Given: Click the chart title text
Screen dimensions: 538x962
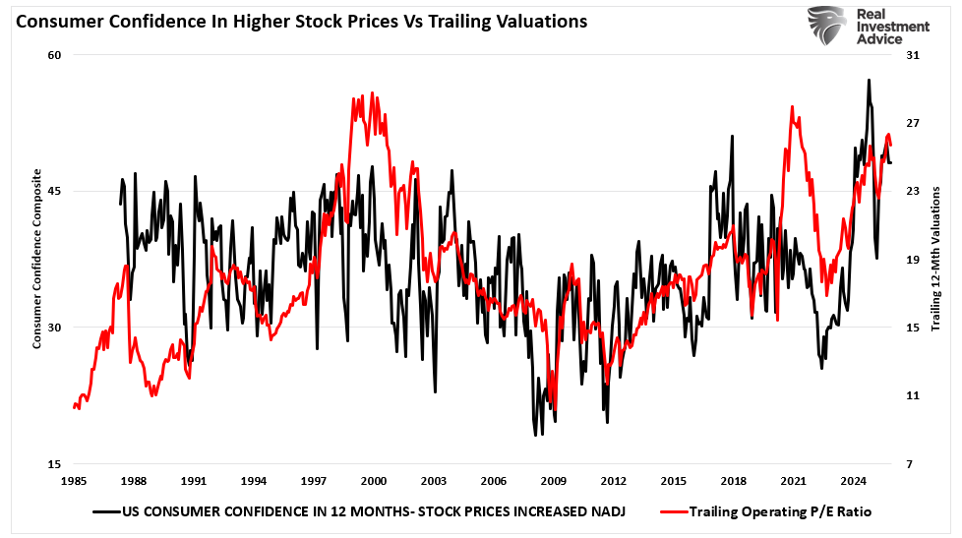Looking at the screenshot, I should point(301,20).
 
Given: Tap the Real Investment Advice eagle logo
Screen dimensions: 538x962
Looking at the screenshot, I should point(827,26).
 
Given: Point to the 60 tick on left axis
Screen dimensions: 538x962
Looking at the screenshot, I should point(55,55).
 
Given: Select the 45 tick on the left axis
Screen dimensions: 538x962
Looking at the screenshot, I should point(55,191).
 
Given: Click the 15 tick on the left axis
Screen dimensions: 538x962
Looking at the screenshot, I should point(55,463).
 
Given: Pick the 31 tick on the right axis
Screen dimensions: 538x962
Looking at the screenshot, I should point(912,55).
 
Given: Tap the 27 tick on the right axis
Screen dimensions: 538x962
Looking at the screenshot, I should point(912,123).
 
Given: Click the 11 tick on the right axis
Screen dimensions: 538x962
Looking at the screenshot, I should point(912,395).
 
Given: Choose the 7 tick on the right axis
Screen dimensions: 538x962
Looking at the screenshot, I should point(912,463).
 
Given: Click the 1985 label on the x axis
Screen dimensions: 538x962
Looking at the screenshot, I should point(75,482).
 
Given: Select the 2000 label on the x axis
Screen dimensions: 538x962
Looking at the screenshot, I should point(373,482).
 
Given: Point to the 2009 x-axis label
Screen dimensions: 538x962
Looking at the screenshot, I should point(553,482).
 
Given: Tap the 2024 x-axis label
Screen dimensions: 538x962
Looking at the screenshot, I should point(853,482).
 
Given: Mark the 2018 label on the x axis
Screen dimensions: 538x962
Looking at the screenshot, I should point(733,482).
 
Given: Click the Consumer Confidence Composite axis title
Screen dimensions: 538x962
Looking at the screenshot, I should point(37,259).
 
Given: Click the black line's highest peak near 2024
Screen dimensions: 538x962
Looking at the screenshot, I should point(869,80).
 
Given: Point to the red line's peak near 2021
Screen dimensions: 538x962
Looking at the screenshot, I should point(793,106).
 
